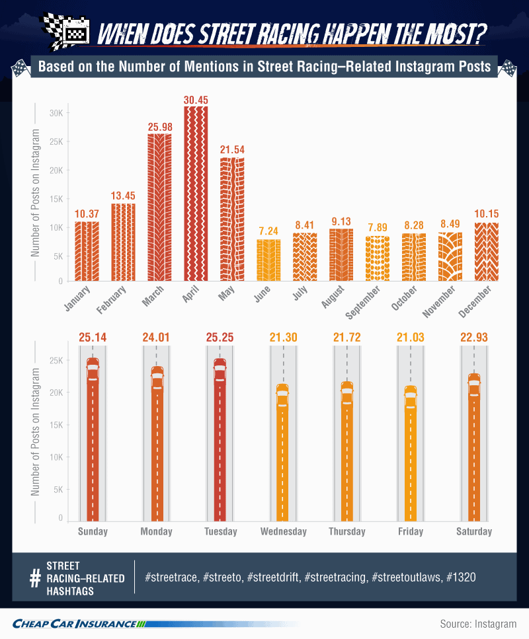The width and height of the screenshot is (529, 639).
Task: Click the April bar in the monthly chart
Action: pos(196,194)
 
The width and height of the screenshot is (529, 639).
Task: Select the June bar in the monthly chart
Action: pos(268,260)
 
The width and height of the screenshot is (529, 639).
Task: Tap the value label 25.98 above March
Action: pos(160,127)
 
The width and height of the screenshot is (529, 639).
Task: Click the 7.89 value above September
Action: pos(378,227)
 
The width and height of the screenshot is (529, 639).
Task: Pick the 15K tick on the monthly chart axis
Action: pos(56,200)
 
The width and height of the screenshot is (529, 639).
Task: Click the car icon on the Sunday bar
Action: pos(93,369)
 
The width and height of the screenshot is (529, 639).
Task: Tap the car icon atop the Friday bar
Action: pos(411,397)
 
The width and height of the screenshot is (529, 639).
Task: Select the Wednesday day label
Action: pos(284,531)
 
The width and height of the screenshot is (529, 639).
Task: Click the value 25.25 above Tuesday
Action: pos(220,338)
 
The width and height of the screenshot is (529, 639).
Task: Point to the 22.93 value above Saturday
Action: pos(474,338)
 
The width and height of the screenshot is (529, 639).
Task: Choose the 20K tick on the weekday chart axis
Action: pos(56,393)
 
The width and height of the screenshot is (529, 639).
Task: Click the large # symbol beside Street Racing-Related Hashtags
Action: pos(36,578)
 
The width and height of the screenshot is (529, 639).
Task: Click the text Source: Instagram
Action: pos(478,624)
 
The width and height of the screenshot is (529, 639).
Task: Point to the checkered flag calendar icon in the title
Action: pos(66,31)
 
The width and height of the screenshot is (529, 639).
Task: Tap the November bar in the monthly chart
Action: pos(450,257)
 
